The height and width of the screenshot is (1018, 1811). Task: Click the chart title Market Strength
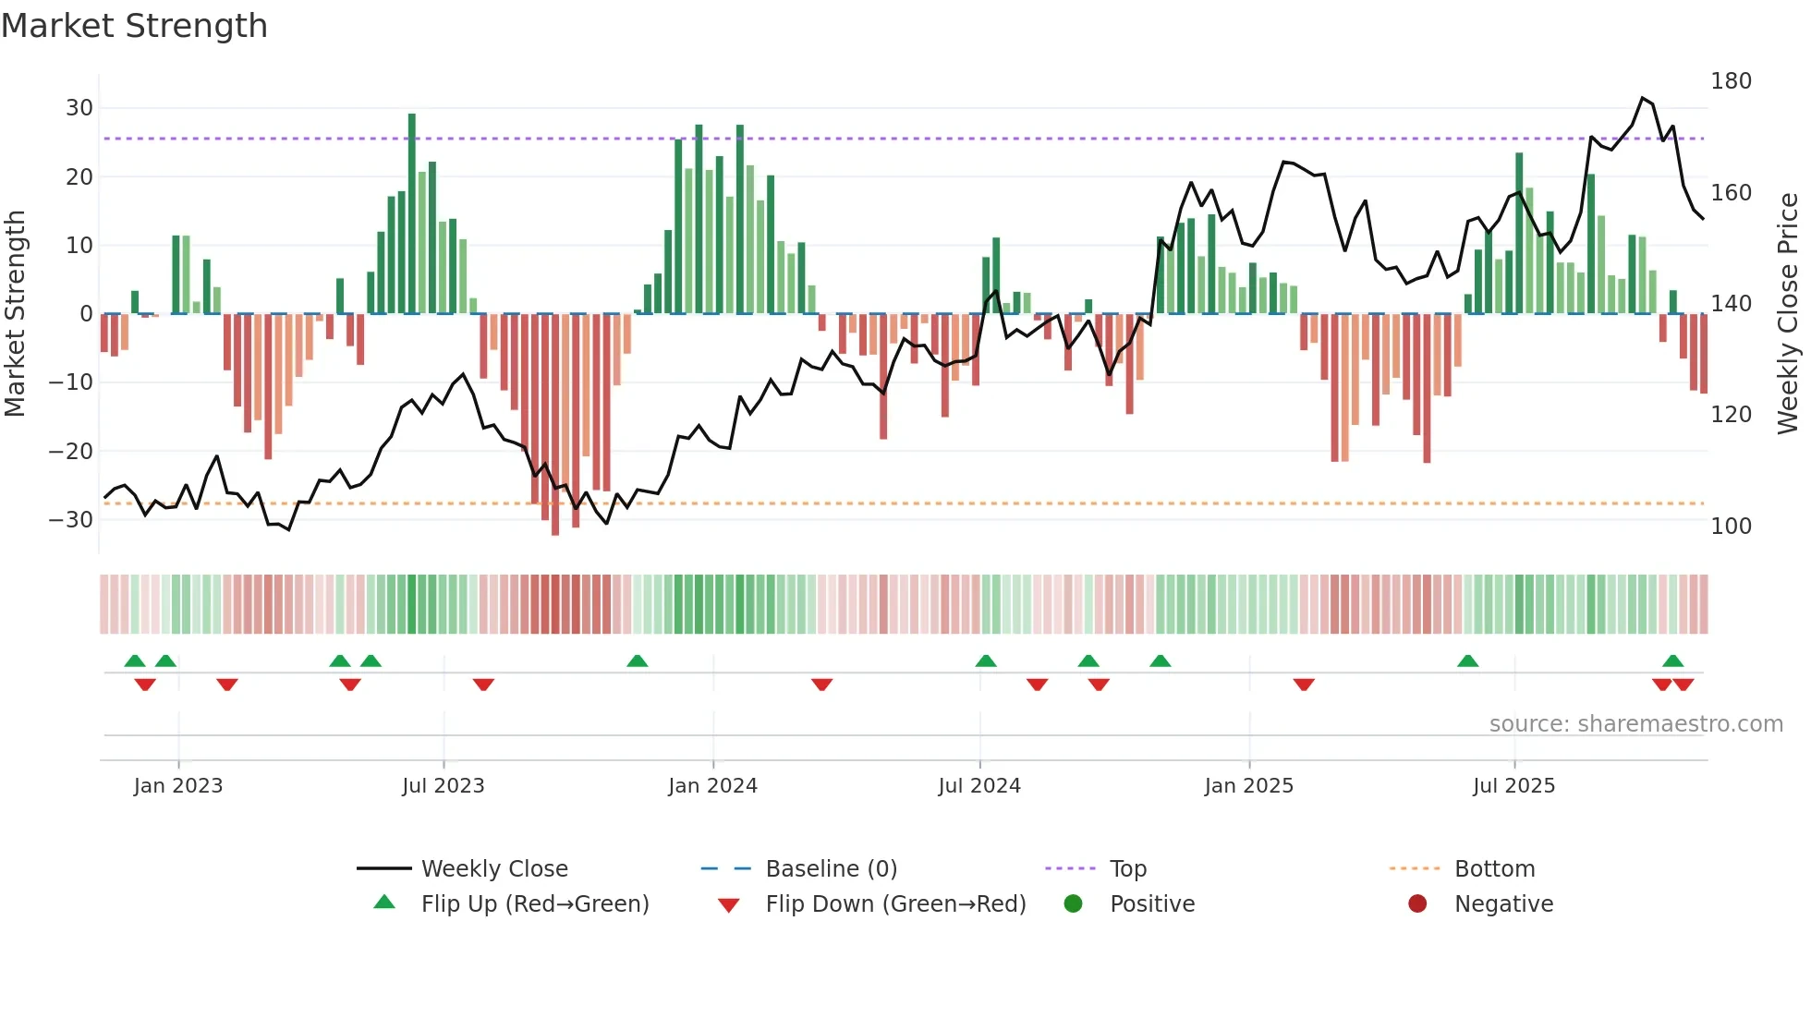134,26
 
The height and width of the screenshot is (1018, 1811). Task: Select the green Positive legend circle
1073,903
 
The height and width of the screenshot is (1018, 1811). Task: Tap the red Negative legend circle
1417,903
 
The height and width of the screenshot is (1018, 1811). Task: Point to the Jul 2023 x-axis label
443,786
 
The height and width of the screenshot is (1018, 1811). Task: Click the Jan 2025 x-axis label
1248,786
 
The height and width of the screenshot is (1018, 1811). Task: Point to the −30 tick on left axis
71,520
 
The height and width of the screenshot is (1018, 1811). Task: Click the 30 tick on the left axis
79,108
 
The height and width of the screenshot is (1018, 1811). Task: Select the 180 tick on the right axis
1731,81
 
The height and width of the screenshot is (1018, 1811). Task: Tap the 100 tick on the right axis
1731,527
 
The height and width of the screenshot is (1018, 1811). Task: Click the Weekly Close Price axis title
1788,314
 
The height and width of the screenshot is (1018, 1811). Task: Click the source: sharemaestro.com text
1635,724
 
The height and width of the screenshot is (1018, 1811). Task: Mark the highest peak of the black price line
1642,98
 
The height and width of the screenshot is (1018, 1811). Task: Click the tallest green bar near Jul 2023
412,212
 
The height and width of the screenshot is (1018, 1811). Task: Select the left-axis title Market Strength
15,314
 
